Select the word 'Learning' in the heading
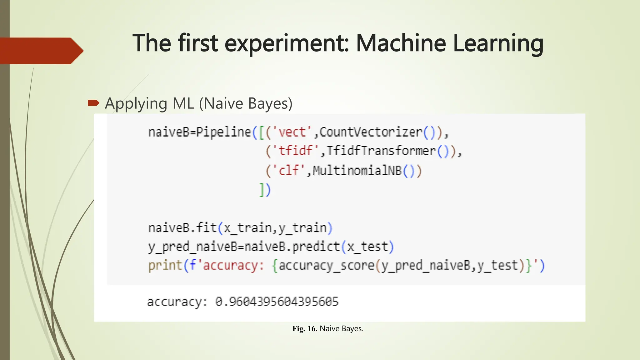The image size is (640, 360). (498, 44)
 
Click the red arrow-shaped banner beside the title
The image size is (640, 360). (41, 51)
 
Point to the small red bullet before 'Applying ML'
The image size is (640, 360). (93, 103)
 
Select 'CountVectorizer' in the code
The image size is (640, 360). (371, 132)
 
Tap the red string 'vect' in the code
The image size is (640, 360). (292, 132)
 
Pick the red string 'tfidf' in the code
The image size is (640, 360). (295, 151)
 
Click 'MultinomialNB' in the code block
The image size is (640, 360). (357, 171)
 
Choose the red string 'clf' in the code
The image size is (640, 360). (288, 171)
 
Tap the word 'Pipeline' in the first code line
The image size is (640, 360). (223, 132)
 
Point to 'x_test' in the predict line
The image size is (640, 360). (367, 247)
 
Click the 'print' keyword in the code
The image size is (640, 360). (165, 266)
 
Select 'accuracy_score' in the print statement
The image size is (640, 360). (326, 266)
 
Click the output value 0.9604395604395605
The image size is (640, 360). (277, 302)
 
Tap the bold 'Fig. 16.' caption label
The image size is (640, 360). (305, 329)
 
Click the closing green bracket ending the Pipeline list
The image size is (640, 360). (262, 190)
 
